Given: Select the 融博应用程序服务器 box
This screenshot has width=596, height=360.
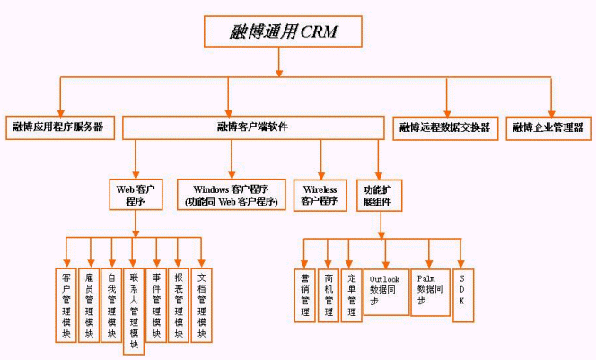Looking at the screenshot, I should tap(58, 127).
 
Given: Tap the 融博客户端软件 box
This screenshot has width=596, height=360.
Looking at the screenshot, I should tap(253, 127).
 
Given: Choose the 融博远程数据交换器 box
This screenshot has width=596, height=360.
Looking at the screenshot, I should tap(445, 127).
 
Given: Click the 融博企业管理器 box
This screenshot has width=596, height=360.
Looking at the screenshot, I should tap(548, 127).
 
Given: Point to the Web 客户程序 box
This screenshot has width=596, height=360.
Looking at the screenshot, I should tap(136, 195).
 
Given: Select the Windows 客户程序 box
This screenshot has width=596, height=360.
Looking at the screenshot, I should tap(232, 195).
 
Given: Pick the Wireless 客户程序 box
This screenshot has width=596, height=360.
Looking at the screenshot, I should tap(320, 195).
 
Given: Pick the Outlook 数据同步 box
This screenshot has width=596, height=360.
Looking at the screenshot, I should tap(385, 291).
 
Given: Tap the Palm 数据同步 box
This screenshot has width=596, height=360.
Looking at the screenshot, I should tap(430, 291).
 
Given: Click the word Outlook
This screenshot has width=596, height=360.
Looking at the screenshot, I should tap(385, 279).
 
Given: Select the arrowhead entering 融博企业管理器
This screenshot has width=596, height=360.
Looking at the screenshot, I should tap(550, 112).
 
